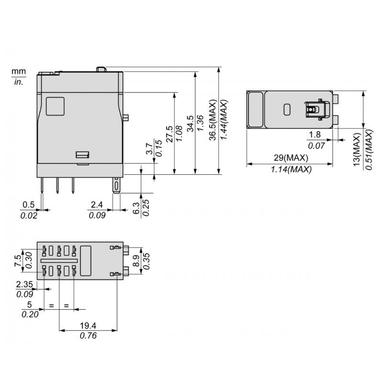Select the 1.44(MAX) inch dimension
[x=223, y=120]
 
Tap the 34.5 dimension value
[x=190, y=124]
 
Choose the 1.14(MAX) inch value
[x=291, y=169]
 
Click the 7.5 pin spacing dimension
[x=18, y=260]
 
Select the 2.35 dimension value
[x=24, y=284]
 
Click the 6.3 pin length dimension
[x=136, y=208]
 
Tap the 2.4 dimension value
[x=97, y=205]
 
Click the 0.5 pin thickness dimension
[x=28, y=205]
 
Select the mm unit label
[x=18, y=71]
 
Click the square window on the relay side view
[x=55, y=106]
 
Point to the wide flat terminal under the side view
[x=116, y=186]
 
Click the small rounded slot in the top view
[x=287, y=109]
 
